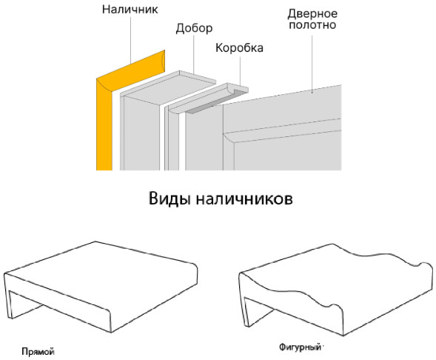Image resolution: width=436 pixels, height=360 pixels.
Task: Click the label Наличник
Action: pos(130,9)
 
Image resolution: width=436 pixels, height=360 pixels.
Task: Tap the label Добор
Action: pos(194,28)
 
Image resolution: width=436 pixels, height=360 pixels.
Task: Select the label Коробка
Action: pos(239,48)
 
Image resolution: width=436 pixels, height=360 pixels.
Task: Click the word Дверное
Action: pos(312,13)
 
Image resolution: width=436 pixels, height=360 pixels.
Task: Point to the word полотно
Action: pos(312,24)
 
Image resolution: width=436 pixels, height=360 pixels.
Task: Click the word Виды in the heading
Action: pos(170,199)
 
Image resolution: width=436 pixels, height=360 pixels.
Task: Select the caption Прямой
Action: pos(38,352)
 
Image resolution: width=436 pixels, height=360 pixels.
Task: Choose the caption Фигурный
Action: pos(300,347)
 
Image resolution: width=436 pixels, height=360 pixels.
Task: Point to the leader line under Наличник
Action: pos(131,39)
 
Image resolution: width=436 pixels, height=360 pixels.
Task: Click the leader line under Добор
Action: pos(194,54)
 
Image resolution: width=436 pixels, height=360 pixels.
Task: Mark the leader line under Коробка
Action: pos(240,71)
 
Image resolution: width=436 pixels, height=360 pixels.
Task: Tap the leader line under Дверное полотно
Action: pos(312,64)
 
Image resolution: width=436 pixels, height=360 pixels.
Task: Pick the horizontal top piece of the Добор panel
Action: pos(168,87)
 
